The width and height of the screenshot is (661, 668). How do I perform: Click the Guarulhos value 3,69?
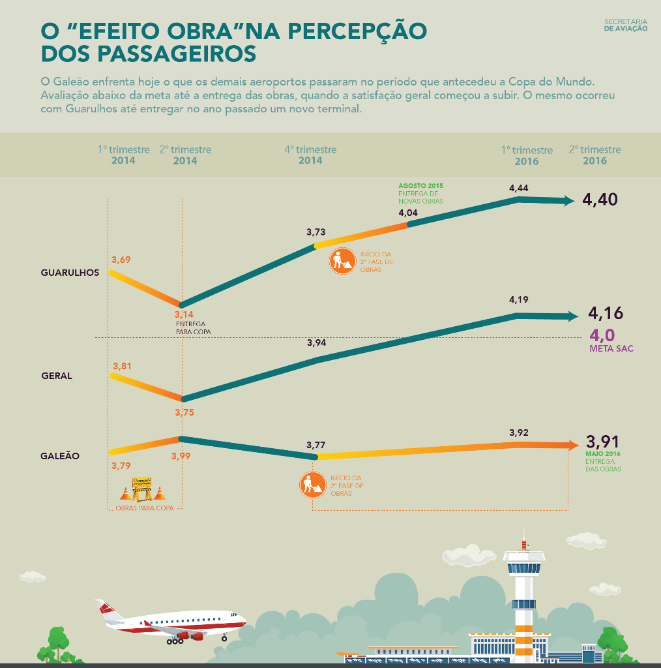(121, 260)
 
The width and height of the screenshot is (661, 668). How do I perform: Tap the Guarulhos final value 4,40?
(600, 200)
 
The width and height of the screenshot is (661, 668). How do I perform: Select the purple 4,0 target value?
(602, 335)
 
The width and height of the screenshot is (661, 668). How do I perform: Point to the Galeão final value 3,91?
(602, 441)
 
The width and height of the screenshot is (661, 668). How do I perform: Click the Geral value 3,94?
(316, 342)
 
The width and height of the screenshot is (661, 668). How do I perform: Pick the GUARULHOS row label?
(70, 273)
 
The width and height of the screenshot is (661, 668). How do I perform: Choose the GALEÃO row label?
(60, 456)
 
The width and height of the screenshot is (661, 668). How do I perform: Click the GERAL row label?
(57, 376)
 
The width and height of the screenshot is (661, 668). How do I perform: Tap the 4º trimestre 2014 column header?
(310, 155)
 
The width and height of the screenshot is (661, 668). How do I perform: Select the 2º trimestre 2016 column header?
(595, 155)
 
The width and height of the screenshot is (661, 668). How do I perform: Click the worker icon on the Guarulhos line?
(341, 262)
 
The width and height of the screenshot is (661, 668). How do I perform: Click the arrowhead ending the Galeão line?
(572, 446)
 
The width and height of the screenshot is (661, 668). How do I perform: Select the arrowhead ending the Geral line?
(572, 316)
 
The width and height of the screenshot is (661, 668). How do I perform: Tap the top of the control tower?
(524, 541)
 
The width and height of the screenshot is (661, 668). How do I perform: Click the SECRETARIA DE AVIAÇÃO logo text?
(626, 25)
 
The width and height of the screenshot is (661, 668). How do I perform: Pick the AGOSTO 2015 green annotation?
(420, 186)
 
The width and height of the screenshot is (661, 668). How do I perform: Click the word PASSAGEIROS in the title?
(176, 53)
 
